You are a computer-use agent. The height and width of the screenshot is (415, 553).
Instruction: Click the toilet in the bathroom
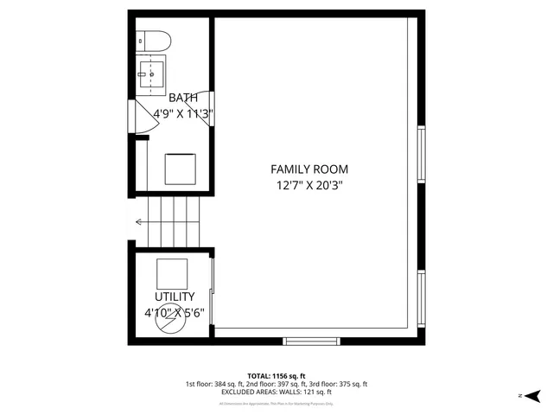(x=155, y=41)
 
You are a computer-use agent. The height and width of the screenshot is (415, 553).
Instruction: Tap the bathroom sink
(x=152, y=74)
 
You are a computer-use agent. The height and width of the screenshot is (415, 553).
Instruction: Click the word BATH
(x=183, y=98)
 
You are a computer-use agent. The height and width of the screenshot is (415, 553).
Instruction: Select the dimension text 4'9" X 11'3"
(x=183, y=113)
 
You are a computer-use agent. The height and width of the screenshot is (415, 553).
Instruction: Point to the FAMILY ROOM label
(x=309, y=169)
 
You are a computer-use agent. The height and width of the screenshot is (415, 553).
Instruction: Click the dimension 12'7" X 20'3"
(x=309, y=185)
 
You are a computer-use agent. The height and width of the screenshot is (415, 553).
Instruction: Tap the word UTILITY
(x=175, y=297)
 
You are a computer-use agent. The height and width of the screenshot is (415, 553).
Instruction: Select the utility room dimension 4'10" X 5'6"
(x=175, y=313)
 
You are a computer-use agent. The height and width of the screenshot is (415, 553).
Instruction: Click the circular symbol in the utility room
(x=170, y=310)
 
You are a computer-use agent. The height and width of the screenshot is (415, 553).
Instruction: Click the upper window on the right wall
(x=422, y=156)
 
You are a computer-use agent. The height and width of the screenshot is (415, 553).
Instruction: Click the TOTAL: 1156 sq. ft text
(x=276, y=375)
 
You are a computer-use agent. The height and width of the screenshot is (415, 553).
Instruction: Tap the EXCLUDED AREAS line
(x=276, y=393)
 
